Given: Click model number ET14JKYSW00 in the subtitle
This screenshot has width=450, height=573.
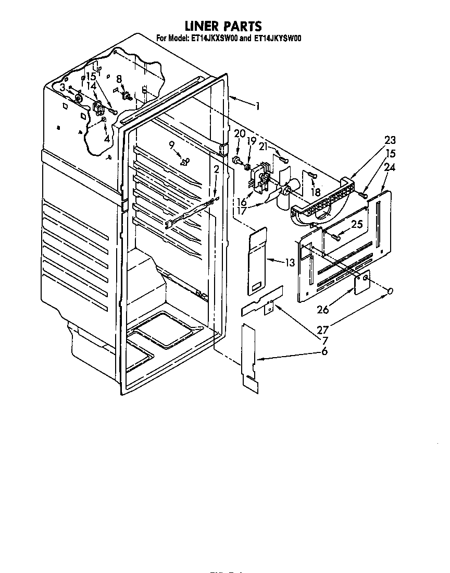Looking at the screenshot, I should [279, 38].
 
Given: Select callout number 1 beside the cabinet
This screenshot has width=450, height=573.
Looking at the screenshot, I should [257, 106].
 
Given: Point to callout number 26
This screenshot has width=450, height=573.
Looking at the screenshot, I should [323, 310].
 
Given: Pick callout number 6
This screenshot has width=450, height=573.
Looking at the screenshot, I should [324, 352].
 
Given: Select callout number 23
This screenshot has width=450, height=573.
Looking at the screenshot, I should [390, 140].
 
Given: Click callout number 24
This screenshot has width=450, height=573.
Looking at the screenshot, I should [390, 168].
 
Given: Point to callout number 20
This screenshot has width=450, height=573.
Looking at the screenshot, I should [239, 133].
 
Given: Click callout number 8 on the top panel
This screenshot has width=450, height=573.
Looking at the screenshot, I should [119, 79].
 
